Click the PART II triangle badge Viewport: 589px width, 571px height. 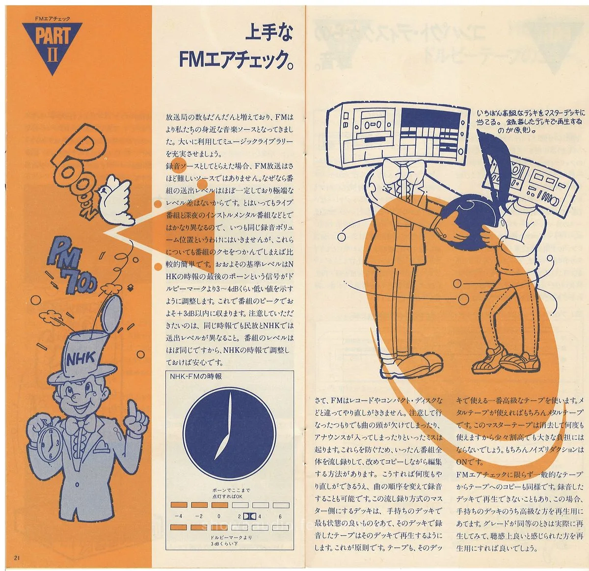pos(53,47)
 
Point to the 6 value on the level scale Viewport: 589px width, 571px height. pos(280,516)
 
